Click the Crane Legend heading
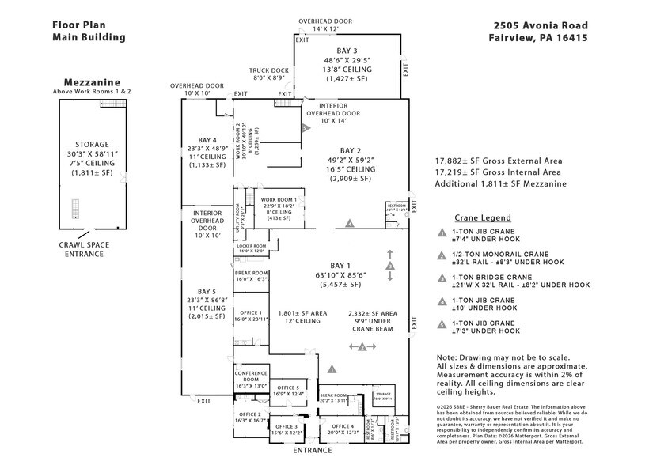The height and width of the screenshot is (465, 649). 482,217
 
